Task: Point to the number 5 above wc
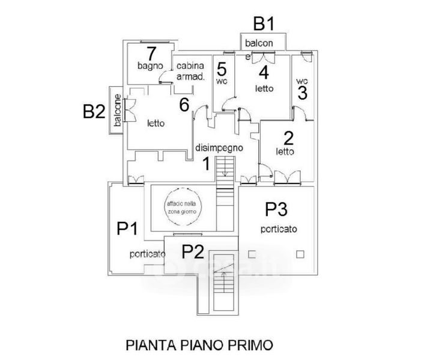pyautogui.click(x=222, y=68)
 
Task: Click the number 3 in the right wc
pyautogui.click(x=302, y=94)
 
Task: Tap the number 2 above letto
pyautogui.click(x=288, y=139)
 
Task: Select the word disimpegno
pyautogui.click(x=219, y=148)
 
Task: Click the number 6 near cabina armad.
pyautogui.click(x=184, y=104)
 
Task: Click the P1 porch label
pyautogui.click(x=128, y=229)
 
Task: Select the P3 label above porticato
pyautogui.click(x=277, y=209)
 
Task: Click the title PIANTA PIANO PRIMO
pyautogui.click(x=199, y=345)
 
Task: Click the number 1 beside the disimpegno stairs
pyautogui.click(x=205, y=163)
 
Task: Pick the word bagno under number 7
pyautogui.click(x=147, y=65)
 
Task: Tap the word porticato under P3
pyautogui.click(x=278, y=229)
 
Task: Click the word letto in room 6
pyautogui.click(x=156, y=124)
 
